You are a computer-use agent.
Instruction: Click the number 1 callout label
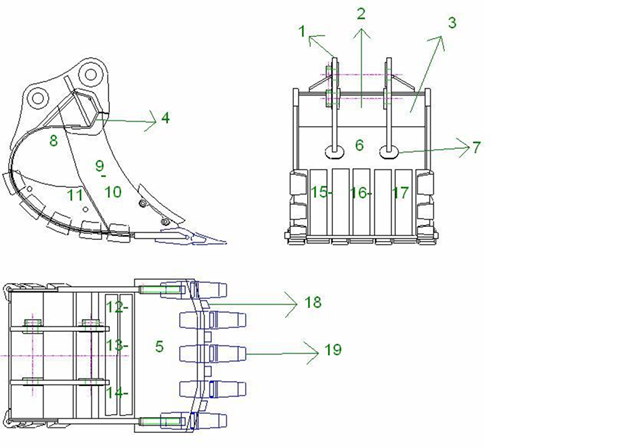coord(301,31)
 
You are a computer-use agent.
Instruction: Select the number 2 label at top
coord(361,13)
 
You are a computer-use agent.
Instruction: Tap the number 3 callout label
coord(452,21)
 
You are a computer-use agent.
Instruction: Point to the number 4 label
coord(165,118)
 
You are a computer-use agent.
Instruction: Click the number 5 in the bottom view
coord(160,346)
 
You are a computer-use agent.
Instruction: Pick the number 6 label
coord(359,146)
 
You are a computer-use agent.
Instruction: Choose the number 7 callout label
coord(477,147)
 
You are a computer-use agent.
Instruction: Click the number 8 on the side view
coord(54,141)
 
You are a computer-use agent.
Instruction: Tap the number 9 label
coord(99,164)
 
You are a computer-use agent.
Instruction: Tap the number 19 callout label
coord(332,350)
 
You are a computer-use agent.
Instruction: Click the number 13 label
coord(114,345)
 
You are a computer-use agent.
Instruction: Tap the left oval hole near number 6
coord(332,152)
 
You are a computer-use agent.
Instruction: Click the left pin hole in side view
coord(39,97)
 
